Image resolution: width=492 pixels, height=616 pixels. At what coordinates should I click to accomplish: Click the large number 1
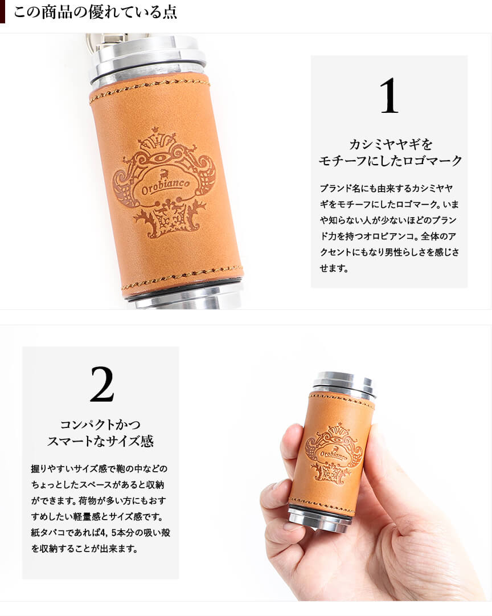click(x=389, y=96)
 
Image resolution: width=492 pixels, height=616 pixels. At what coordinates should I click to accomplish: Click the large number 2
click(x=102, y=384)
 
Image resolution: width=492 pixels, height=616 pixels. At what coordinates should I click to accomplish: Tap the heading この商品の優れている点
click(x=95, y=12)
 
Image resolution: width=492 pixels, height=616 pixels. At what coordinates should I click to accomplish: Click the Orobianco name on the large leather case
click(x=165, y=187)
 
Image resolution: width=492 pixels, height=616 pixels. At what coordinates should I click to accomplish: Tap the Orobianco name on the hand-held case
click(x=333, y=455)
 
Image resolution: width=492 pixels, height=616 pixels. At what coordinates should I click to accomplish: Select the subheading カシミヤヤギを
click(x=390, y=144)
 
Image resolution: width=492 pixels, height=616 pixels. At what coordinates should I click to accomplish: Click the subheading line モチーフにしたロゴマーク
click(x=390, y=161)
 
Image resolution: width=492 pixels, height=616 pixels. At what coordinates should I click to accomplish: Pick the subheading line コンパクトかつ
click(x=100, y=425)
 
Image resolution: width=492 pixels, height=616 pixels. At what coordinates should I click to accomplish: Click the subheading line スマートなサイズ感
click(x=100, y=441)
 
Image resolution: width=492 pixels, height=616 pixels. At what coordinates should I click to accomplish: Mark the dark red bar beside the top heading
click(x=2, y=12)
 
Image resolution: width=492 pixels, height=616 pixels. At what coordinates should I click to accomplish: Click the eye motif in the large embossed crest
click(x=161, y=159)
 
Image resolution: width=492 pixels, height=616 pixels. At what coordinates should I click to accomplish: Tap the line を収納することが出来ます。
click(x=84, y=548)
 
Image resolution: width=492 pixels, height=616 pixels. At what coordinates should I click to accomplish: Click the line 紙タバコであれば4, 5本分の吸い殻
click(x=101, y=532)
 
